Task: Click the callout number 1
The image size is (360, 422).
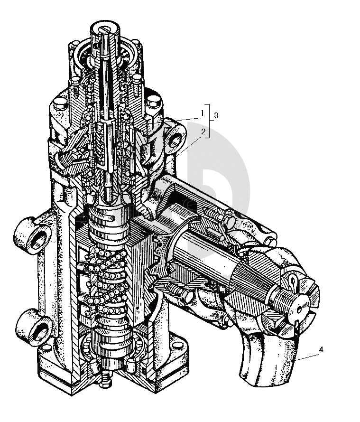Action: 203,113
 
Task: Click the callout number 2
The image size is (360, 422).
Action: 203,131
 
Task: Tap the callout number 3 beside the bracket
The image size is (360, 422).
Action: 216,116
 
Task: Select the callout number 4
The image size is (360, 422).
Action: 321,349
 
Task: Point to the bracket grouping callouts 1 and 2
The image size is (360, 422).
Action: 209,121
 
